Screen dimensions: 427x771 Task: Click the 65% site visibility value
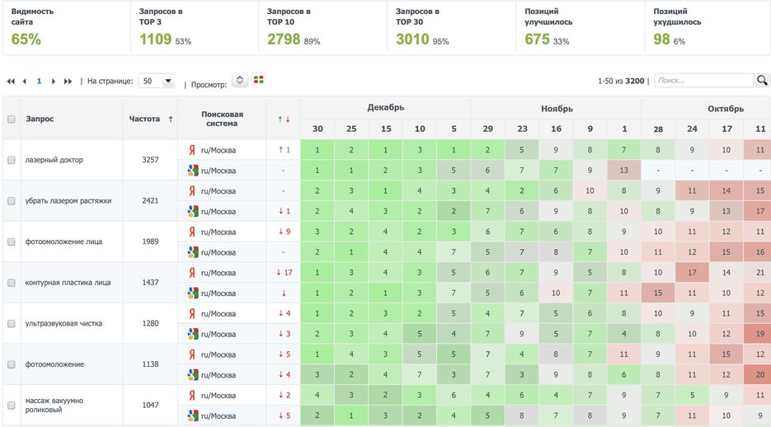tap(26, 39)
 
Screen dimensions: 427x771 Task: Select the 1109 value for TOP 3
tap(155, 39)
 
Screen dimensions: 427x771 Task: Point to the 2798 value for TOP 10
tap(284, 39)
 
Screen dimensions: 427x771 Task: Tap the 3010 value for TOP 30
tap(412, 39)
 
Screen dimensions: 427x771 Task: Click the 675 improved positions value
tap(537, 39)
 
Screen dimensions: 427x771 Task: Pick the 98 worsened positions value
tap(661, 39)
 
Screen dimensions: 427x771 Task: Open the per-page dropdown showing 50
tap(157, 81)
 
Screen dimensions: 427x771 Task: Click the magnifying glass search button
tap(762, 80)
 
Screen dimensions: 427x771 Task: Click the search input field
tap(703, 81)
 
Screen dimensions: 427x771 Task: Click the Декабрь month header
tap(385, 108)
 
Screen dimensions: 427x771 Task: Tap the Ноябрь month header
tap(557, 108)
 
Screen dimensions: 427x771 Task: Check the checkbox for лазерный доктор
tap(12, 160)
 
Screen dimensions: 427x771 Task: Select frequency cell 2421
tap(150, 200)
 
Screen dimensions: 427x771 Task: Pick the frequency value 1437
tap(150, 282)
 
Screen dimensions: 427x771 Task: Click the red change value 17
tap(284, 272)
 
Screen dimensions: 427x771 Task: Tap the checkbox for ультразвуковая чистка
tap(12, 323)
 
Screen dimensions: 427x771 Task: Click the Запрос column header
tap(40, 119)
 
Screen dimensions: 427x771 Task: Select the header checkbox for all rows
tap(12, 119)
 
